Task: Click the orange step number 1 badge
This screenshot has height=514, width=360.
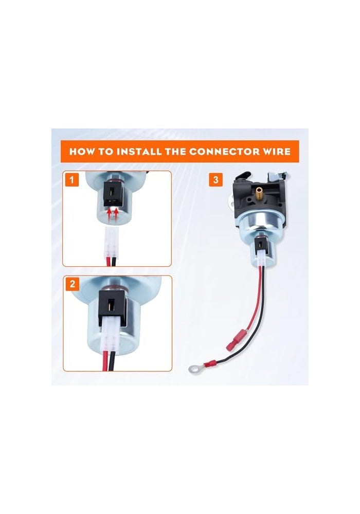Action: click(72, 179)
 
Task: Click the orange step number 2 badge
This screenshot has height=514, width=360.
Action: click(72, 284)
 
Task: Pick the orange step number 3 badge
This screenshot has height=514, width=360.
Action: click(215, 179)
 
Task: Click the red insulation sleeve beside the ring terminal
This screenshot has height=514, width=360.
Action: click(211, 363)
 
